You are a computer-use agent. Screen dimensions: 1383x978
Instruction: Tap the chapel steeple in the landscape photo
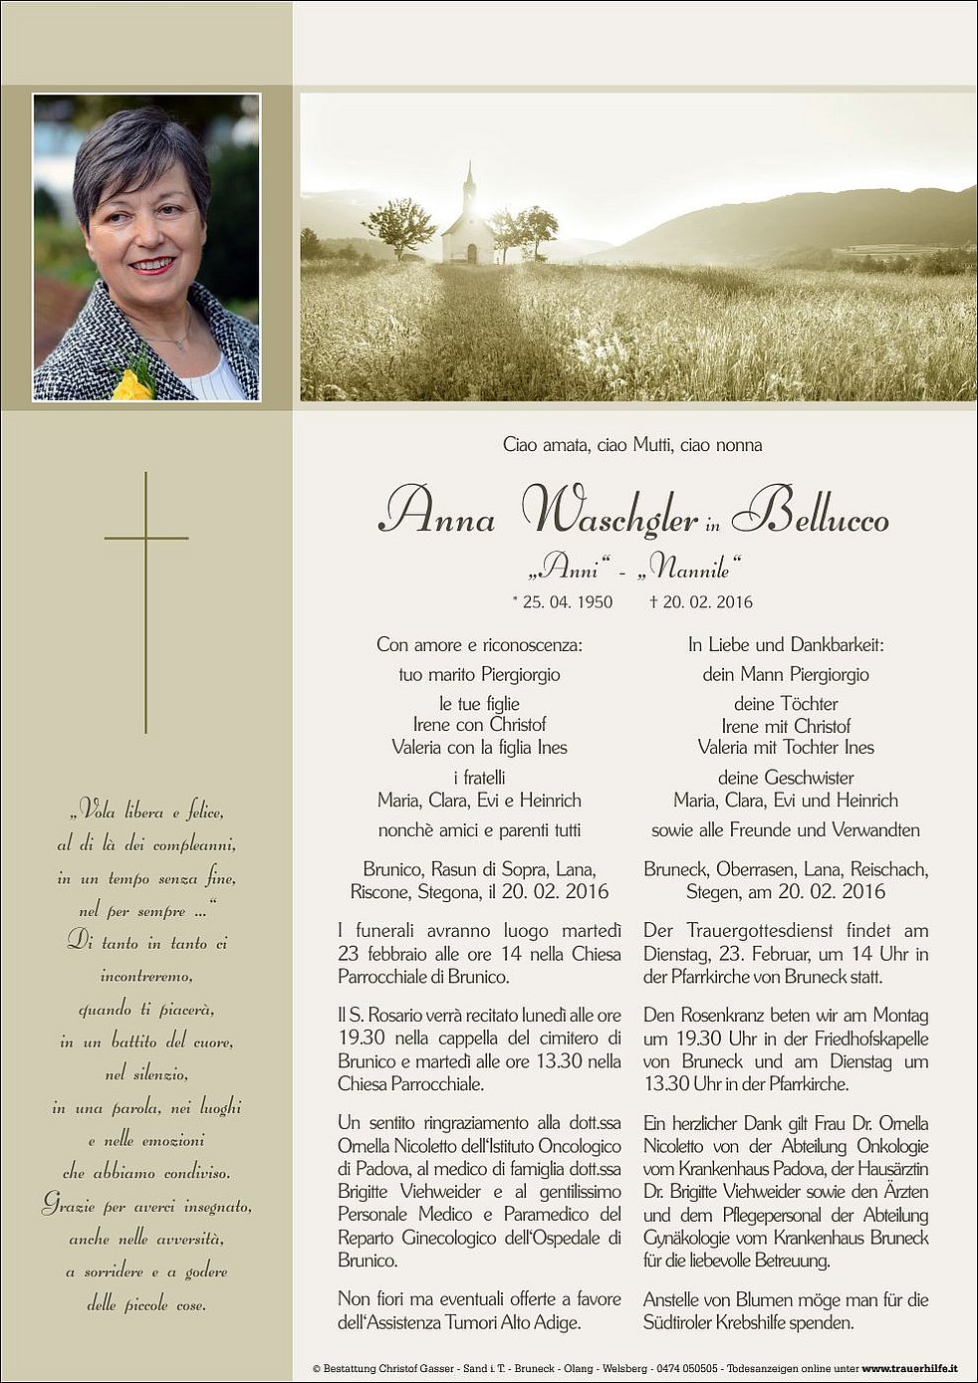click(x=469, y=184)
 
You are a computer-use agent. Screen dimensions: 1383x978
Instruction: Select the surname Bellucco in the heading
click(x=811, y=513)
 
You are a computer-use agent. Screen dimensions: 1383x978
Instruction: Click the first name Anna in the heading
click(x=437, y=513)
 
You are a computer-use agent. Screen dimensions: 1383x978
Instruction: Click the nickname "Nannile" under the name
click(x=693, y=571)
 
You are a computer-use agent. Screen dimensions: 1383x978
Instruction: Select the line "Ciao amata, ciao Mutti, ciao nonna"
click(x=632, y=445)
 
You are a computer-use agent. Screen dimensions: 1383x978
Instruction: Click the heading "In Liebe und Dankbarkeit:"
click(x=786, y=645)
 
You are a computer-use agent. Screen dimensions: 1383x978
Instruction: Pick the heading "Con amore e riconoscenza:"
click(x=479, y=645)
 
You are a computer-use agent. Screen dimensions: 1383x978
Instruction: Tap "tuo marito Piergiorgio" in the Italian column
click(x=479, y=675)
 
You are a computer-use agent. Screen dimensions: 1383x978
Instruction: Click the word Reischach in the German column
click(x=889, y=869)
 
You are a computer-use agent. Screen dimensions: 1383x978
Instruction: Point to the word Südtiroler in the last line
click(x=683, y=1323)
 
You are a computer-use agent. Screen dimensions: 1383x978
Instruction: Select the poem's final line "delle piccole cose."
click(x=145, y=1304)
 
